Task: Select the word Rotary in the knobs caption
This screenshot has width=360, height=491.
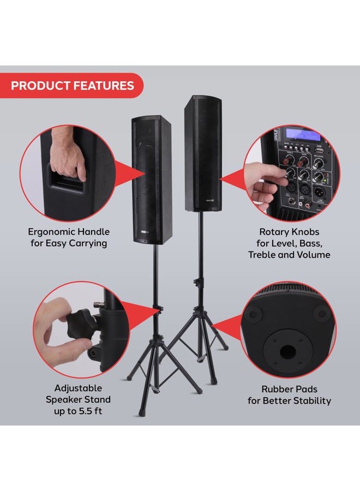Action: coord(269,232)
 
